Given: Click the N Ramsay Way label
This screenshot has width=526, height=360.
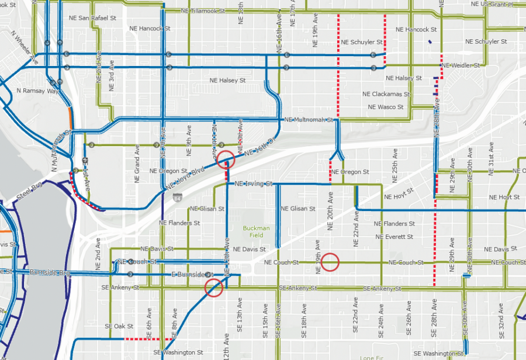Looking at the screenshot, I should coord(38,91).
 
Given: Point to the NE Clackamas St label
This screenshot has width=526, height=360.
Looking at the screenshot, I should coord(383,94).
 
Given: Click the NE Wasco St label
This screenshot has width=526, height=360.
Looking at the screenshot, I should coord(386,107).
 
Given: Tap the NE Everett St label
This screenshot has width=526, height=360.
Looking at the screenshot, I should coord(394,237).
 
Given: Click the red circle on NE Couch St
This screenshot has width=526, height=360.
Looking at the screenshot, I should coord(330,262).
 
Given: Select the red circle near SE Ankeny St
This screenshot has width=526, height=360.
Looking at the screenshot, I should coord(214,287).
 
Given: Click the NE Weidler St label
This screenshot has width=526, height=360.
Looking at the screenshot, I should coord(461,65).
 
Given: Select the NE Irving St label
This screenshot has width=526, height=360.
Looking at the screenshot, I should coord(253,184).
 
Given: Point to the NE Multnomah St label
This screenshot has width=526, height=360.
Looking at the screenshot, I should coord(307,120).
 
